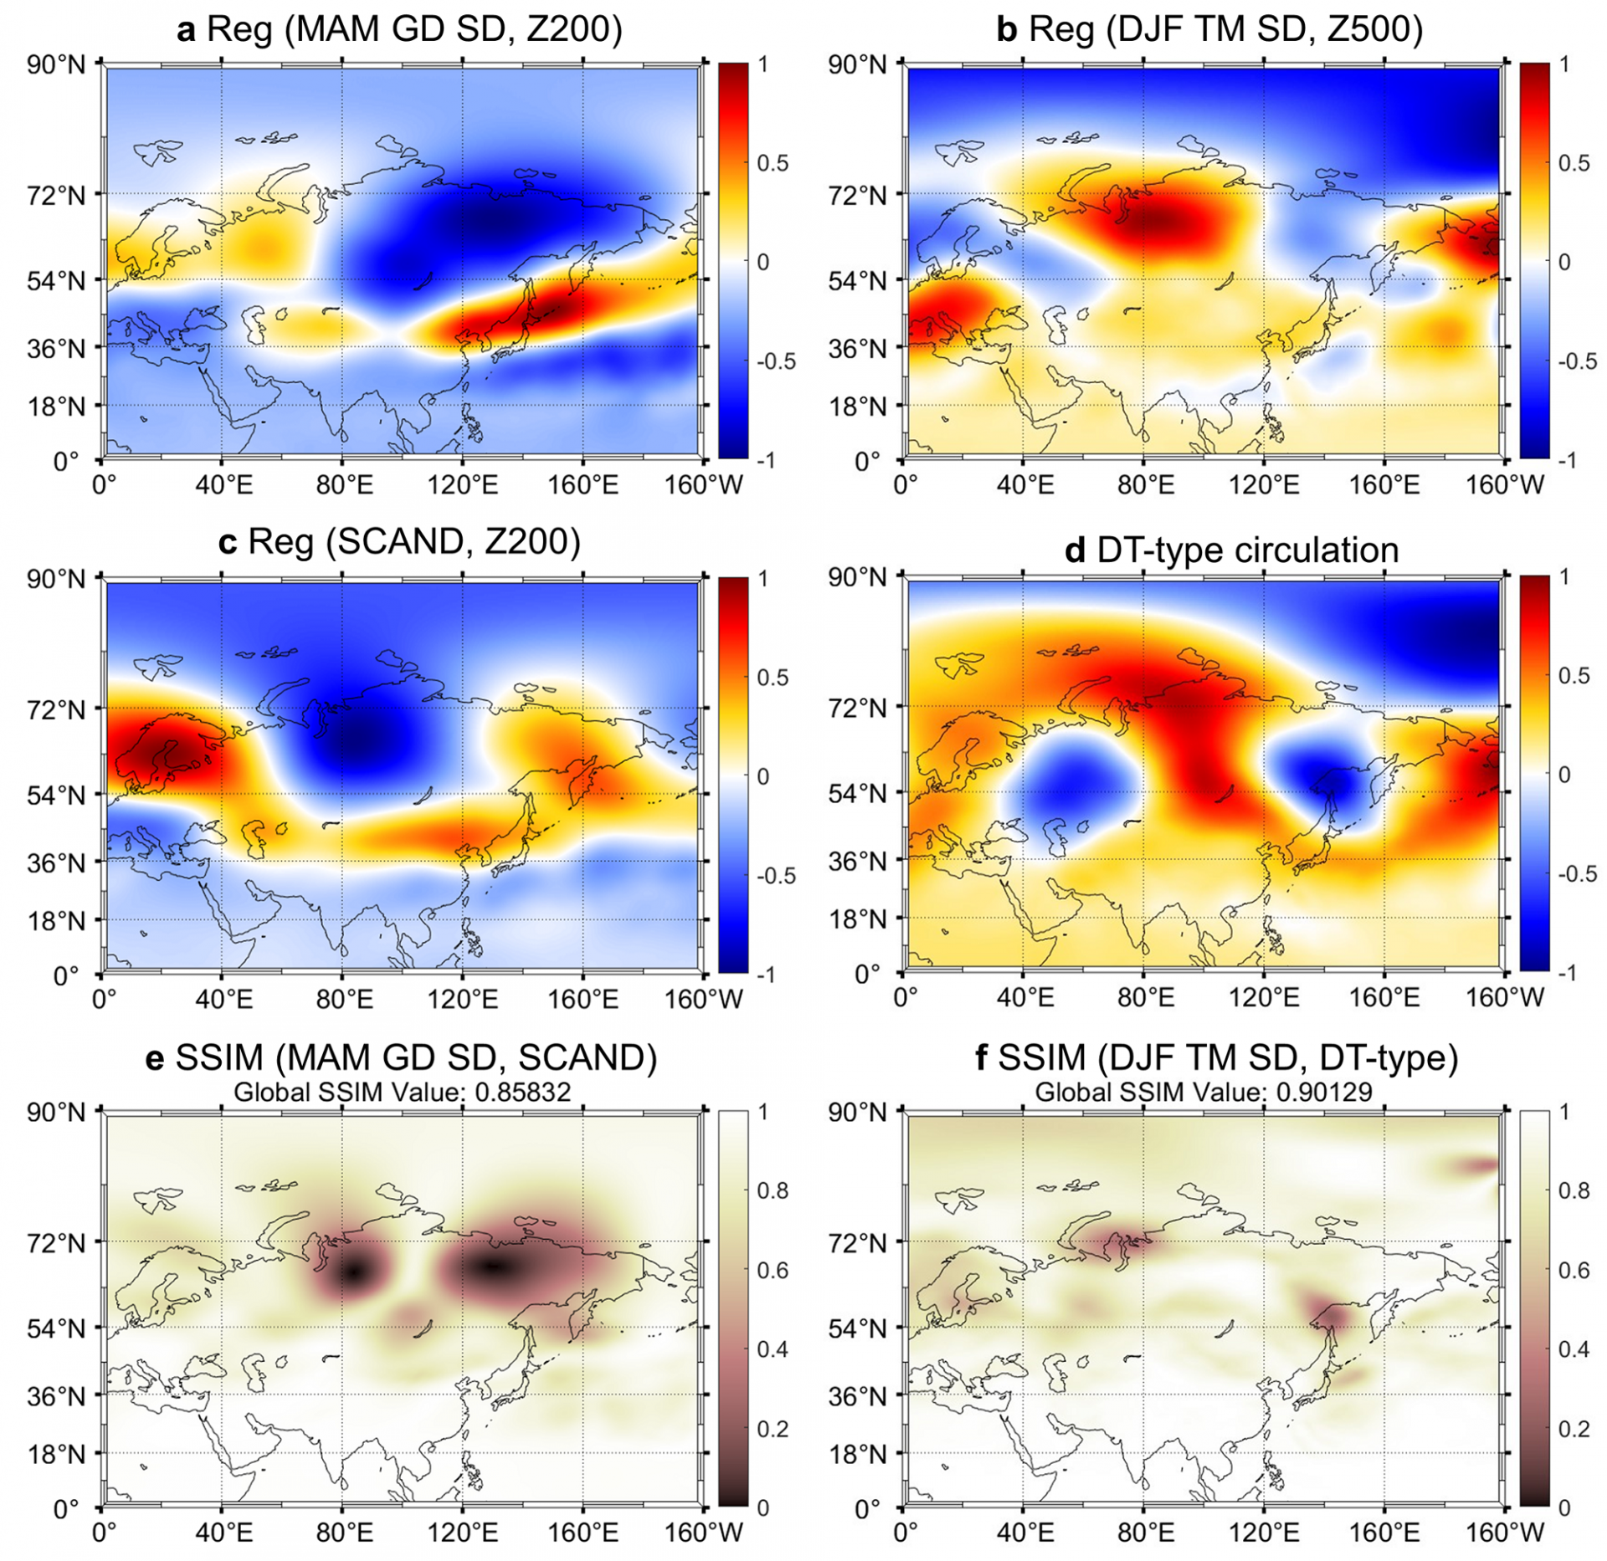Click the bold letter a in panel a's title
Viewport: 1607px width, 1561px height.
click(187, 30)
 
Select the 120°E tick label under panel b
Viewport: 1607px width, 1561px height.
click(1265, 485)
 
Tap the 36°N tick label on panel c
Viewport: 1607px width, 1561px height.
click(56, 862)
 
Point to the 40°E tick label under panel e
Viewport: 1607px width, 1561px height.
click(223, 1533)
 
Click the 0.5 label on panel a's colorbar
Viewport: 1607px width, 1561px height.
click(773, 163)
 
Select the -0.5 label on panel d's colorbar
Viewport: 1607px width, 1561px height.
click(1577, 874)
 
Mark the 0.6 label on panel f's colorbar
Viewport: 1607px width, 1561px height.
click(1574, 1270)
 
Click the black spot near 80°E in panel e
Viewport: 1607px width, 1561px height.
click(354, 1272)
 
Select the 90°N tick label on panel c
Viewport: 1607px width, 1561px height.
click(56, 579)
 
